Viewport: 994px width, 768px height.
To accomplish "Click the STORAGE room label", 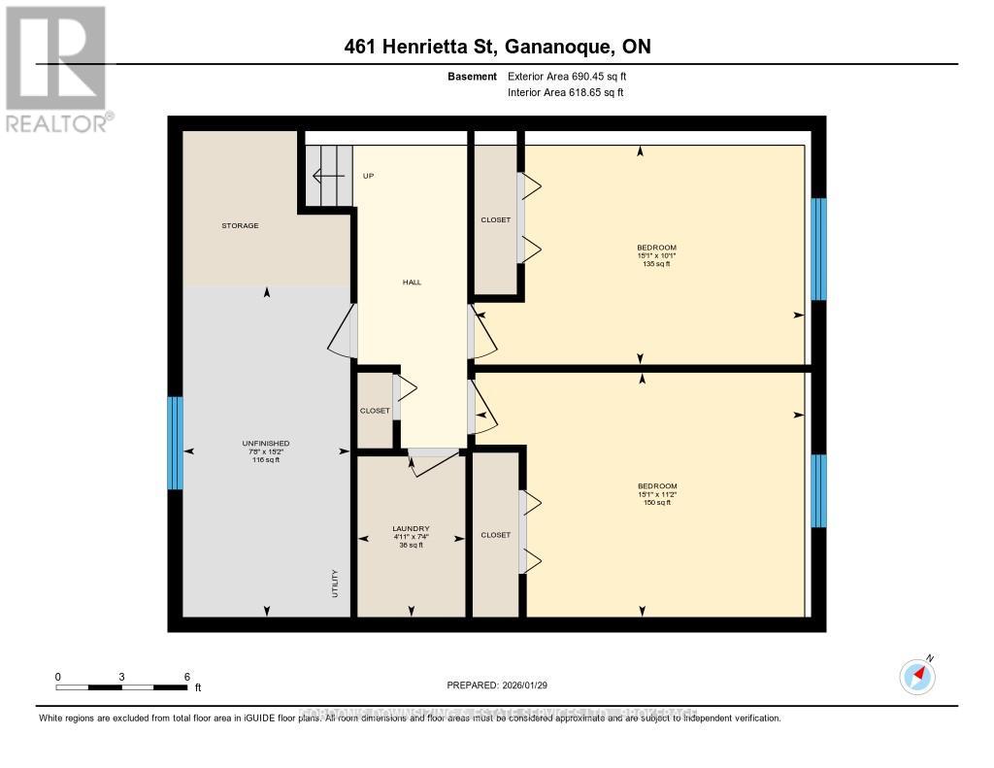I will click(239, 226).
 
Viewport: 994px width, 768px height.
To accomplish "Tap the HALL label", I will click(412, 283).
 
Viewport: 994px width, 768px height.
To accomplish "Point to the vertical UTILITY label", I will click(335, 583).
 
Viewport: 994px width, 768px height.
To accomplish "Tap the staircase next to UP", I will click(328, 176).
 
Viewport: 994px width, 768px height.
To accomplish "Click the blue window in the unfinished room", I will click(175, 443).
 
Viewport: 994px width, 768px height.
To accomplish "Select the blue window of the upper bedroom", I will click(818, 250).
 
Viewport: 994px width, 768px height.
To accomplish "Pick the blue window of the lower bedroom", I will click(818, 490).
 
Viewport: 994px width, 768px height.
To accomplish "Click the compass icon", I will click(917, 675).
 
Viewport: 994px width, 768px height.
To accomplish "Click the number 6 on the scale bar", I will click(186, 677).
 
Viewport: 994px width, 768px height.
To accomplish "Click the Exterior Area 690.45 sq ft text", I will click(575, 76).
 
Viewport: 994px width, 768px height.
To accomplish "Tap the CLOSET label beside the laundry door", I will click(375, 411).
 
